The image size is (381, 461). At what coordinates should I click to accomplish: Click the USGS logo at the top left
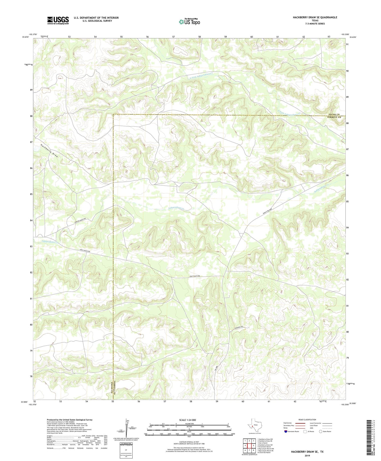[58, 20]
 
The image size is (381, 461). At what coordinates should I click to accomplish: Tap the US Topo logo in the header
[189, 22]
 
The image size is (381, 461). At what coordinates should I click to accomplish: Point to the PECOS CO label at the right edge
[334, 114]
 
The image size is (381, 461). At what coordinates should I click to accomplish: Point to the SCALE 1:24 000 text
[187, 420]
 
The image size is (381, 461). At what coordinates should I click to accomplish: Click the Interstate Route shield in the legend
[286, 431]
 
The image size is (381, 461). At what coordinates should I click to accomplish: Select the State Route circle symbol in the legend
[321, 431]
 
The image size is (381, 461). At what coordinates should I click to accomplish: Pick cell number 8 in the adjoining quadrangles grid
[253, 450]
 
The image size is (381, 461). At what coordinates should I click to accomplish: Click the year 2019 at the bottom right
[307, 456]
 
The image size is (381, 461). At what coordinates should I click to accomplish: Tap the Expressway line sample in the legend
[300, 423]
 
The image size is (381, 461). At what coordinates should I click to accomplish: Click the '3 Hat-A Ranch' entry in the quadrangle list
[262, 443]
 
